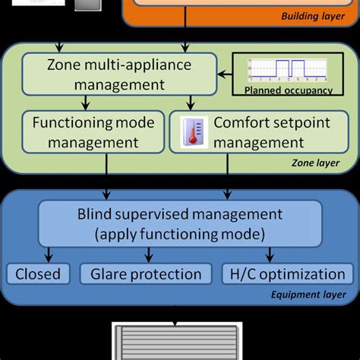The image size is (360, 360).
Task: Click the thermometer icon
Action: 188,133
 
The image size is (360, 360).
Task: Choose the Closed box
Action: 38,274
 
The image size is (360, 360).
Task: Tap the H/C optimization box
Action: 288,274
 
